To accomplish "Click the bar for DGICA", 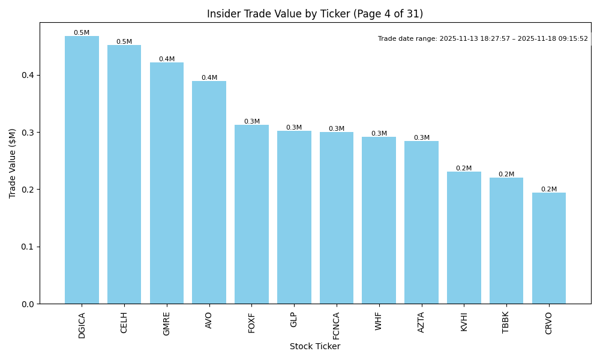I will (x=82, y=170).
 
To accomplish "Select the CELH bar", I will (x=124, y=174).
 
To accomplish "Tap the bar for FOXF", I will (x=251, y=214).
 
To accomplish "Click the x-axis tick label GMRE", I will (x=167, y=323).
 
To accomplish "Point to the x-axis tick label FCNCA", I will (x=337, y=325).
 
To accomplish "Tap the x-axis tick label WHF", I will (x=379, y=321).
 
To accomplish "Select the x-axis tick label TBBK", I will (x=506, y=323).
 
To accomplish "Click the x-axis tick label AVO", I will (x=209, y=320).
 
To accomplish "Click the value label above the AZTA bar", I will (x=421, y=138).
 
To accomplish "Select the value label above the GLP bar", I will (x=294, y=128).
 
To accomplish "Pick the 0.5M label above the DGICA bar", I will (x=82, y=33).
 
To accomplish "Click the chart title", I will (x=315, y=14).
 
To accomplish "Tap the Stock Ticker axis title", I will (x=315, y=347).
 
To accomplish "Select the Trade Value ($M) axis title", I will (x=13, y=163).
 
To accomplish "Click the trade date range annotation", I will (x=483, y=39).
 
